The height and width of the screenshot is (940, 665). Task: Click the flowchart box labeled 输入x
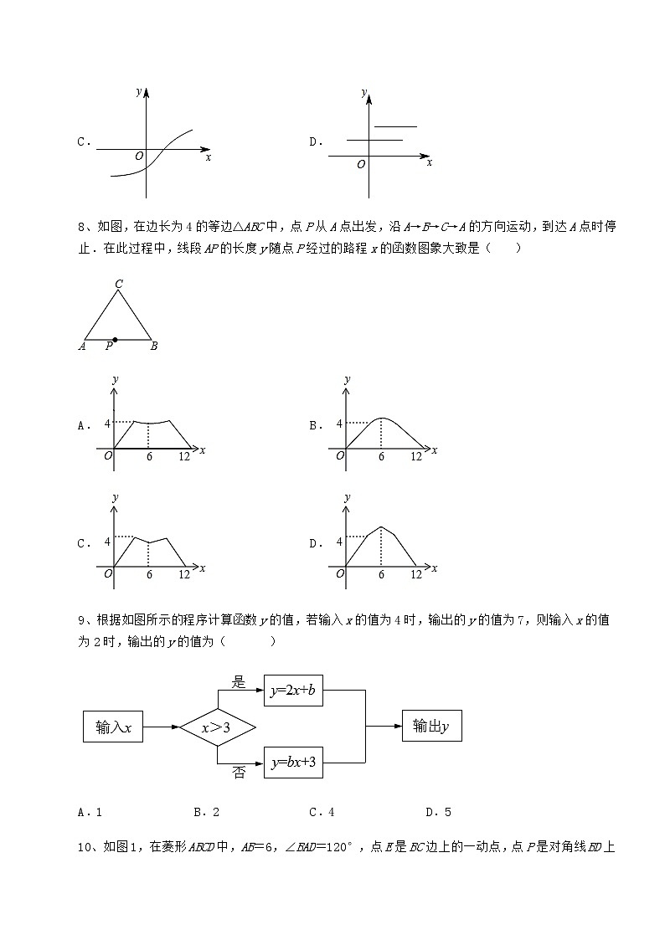point(113,727)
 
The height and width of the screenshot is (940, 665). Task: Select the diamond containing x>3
point(216,727)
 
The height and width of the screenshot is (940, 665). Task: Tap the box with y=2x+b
point(293,691)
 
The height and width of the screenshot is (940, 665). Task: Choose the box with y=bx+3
point(293,763)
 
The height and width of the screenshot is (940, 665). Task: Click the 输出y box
point(431,727)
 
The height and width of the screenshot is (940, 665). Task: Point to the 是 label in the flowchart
point(239,682)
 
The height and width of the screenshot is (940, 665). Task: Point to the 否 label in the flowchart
point(239,773)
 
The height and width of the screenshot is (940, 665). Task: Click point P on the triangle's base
point(115,340)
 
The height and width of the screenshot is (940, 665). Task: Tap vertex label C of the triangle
point(119,285)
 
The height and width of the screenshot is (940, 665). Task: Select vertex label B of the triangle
point(154,346)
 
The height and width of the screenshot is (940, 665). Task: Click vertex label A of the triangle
point(82,346)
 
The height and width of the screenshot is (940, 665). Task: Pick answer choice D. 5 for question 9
point(438,812)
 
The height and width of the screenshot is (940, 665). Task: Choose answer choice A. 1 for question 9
point(90,812)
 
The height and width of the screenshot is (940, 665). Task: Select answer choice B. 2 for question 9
point(206,812)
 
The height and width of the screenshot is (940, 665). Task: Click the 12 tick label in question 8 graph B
point(415,457)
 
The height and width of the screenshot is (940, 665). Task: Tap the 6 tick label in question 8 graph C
point(149,575)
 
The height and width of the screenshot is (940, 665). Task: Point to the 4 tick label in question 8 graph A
point(107,424)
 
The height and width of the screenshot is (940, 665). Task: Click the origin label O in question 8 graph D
point(340,574)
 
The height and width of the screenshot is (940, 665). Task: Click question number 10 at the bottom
point(84,847)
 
